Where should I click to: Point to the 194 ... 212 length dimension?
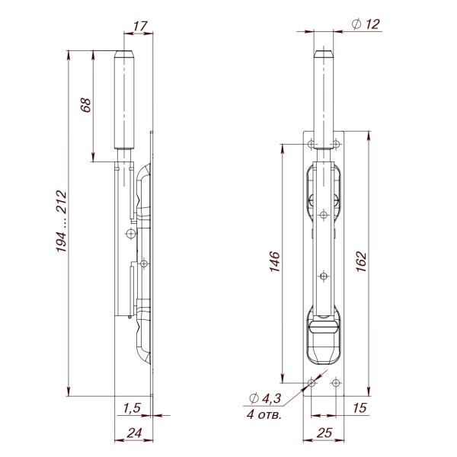coord(60,222)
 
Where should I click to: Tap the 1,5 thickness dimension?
coord(131,407)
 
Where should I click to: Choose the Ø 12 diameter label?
coord(366,24)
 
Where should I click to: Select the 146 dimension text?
coord(276,261)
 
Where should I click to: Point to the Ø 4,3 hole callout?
coord(264,398)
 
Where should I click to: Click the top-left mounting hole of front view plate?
coord(310,143)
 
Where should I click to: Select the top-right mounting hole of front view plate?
coord(336,143)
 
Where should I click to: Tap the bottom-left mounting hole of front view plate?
coord(310,385)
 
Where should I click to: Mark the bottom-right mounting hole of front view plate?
coord(336,385)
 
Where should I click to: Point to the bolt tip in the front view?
coord(324,55)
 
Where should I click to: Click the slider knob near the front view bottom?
coord(324,328)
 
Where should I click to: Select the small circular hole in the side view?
coord(130,233)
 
